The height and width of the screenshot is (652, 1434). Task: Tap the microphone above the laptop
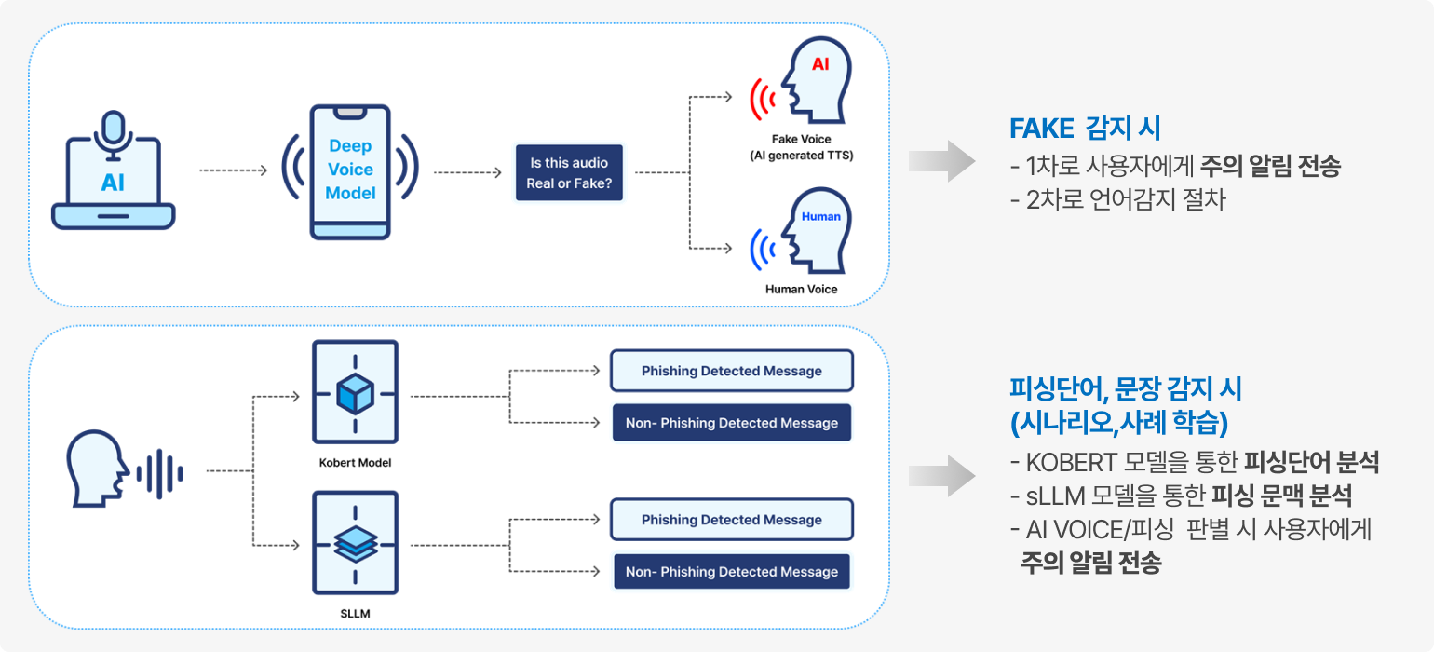(114, 130)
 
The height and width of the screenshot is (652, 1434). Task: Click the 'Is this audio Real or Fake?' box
(570, 172)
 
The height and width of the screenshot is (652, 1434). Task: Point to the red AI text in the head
(820, 64)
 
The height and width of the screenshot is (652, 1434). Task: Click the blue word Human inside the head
(820, 216)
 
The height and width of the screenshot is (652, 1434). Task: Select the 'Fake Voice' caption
(801, 140)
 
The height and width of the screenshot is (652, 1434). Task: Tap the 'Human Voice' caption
(801, 289)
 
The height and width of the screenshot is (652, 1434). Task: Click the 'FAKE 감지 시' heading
(1086, 129)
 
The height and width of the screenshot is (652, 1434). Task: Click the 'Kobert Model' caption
(355, 463)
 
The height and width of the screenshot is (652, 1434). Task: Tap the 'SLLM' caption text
(355, 613)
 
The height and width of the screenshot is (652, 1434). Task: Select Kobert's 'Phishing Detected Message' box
(732, 371)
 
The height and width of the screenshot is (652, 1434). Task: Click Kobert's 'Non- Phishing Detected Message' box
(732, 423)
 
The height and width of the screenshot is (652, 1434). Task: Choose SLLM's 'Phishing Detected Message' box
(732, 520)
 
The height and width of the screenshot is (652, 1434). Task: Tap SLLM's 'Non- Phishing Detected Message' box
(732, 572)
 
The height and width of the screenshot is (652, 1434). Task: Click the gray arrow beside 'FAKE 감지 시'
(941, 162)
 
